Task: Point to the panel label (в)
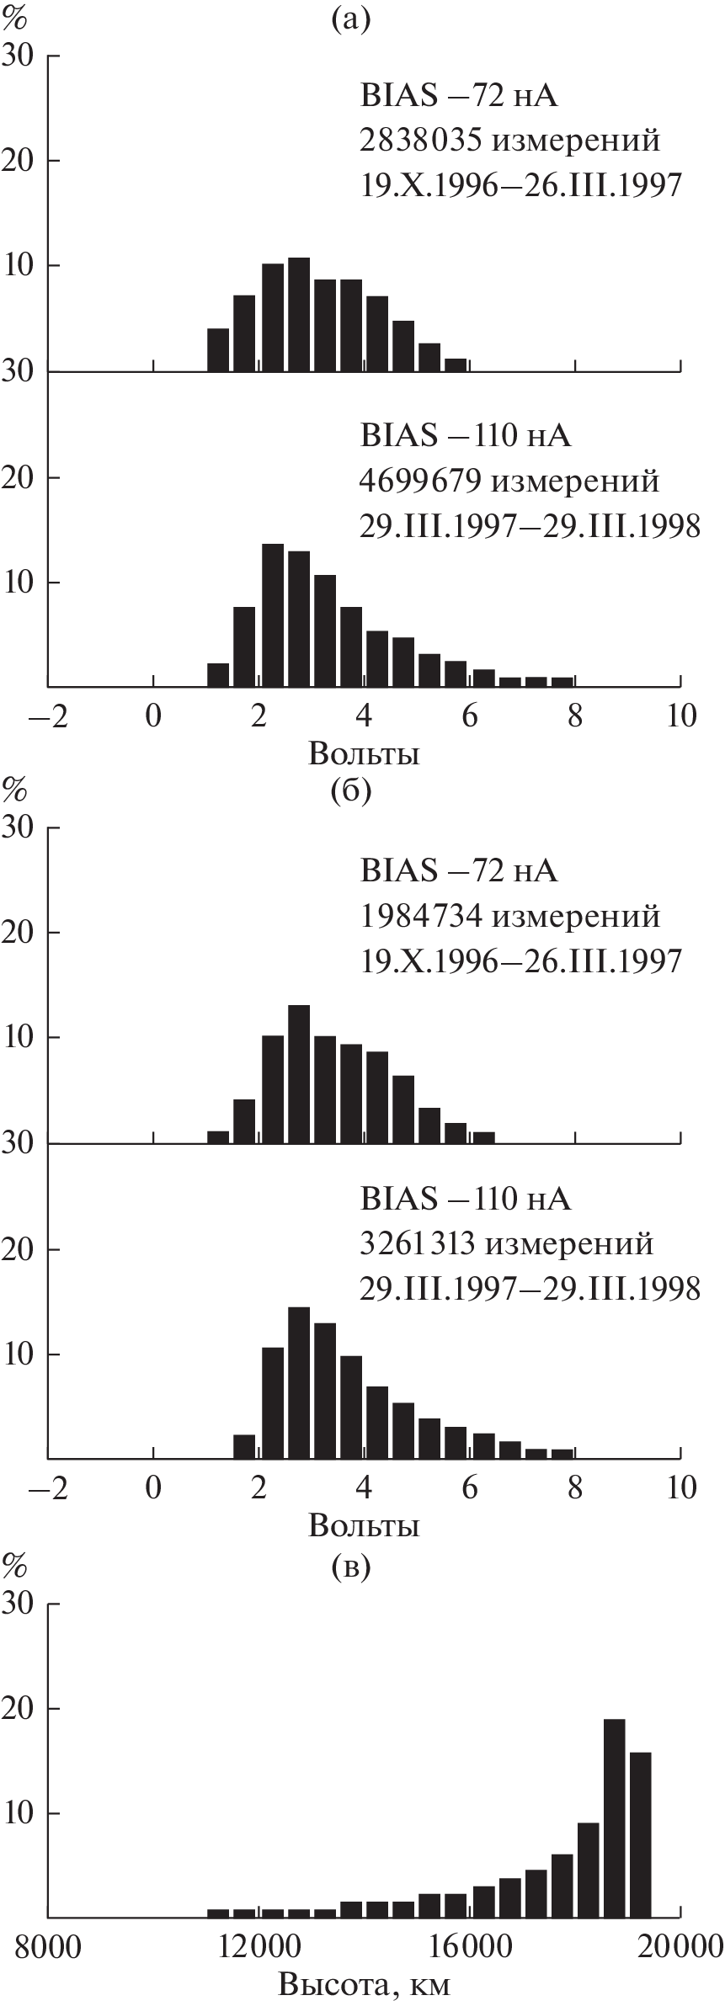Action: [x=351, y=1565]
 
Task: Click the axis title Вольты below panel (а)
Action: [x=364, y=753]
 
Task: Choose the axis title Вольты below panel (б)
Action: [x=364, y=1524]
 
